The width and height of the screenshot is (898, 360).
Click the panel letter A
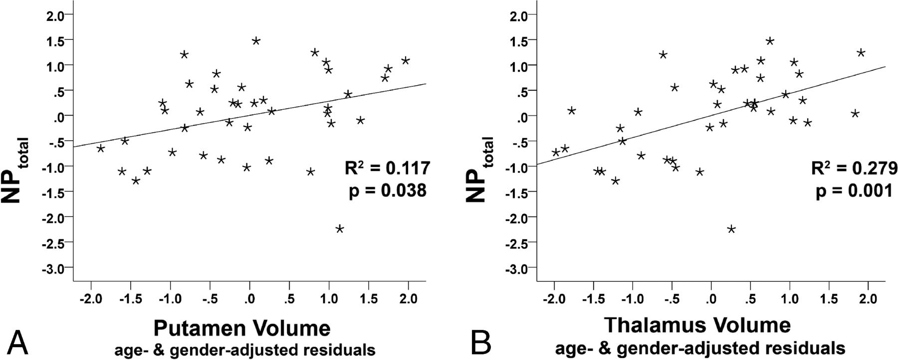point(17,341)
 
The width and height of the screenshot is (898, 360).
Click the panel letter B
point(482,341)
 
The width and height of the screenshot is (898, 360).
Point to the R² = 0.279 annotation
point(854,168)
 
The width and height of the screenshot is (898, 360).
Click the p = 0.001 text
point(854,190)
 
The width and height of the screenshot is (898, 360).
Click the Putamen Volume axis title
point(241,329)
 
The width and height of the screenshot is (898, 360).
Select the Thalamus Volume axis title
point(697,325)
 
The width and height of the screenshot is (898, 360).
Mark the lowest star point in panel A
point(340,229)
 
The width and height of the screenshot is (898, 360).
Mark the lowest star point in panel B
point(731,229)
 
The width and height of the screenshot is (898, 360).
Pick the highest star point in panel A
point(256,41)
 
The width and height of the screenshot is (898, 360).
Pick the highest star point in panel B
point(770,41)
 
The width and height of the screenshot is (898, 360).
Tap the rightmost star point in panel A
point(405,61)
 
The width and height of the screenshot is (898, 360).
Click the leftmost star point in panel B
point(555,152)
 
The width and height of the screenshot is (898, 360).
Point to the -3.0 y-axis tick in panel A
point(54,268)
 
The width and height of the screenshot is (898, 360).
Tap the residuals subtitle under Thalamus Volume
point(697,347)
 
